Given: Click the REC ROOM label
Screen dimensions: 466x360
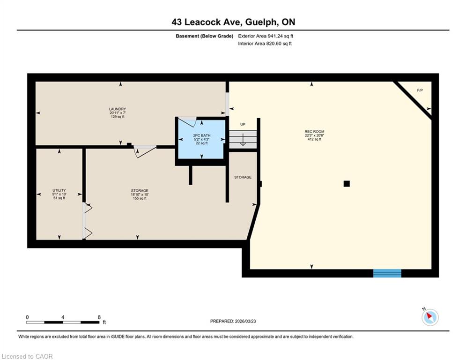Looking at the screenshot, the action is tap(314, 132).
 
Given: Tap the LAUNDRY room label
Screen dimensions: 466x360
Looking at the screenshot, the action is tap(118, 109).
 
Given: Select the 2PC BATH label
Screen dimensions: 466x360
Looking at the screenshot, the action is tap(201, 135).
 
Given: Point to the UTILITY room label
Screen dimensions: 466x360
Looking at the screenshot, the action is tap(59, 190).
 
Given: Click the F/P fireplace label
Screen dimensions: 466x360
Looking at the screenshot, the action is tap(420, 90).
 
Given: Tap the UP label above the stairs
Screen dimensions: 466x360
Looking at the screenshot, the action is tap(243, 124).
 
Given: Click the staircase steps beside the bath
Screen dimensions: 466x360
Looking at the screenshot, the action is tap(243, 139).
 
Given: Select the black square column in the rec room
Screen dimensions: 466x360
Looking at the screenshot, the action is tap(347, 184).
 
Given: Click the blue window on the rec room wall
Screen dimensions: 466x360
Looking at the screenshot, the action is tap(387, 273).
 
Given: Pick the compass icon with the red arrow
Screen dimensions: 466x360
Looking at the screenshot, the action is tap(430, 317).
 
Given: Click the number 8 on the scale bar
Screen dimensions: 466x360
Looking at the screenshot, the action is tap(99, 317).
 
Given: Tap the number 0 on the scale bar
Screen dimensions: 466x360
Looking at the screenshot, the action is tap(27, 317).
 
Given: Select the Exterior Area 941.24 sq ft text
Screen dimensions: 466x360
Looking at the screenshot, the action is tap(266, 36).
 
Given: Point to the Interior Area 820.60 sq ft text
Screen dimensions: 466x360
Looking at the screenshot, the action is tap(265, 44).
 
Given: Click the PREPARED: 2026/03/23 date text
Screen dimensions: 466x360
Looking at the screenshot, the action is tap(233, 321).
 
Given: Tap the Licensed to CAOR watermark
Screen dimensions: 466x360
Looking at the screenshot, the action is tap(27, 356).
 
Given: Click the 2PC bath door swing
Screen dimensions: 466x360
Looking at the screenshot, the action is tap(187, 122).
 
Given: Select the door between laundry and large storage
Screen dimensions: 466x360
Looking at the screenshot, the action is tap(145, 151).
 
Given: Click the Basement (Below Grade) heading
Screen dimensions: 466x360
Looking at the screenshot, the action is tap(205, 36).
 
